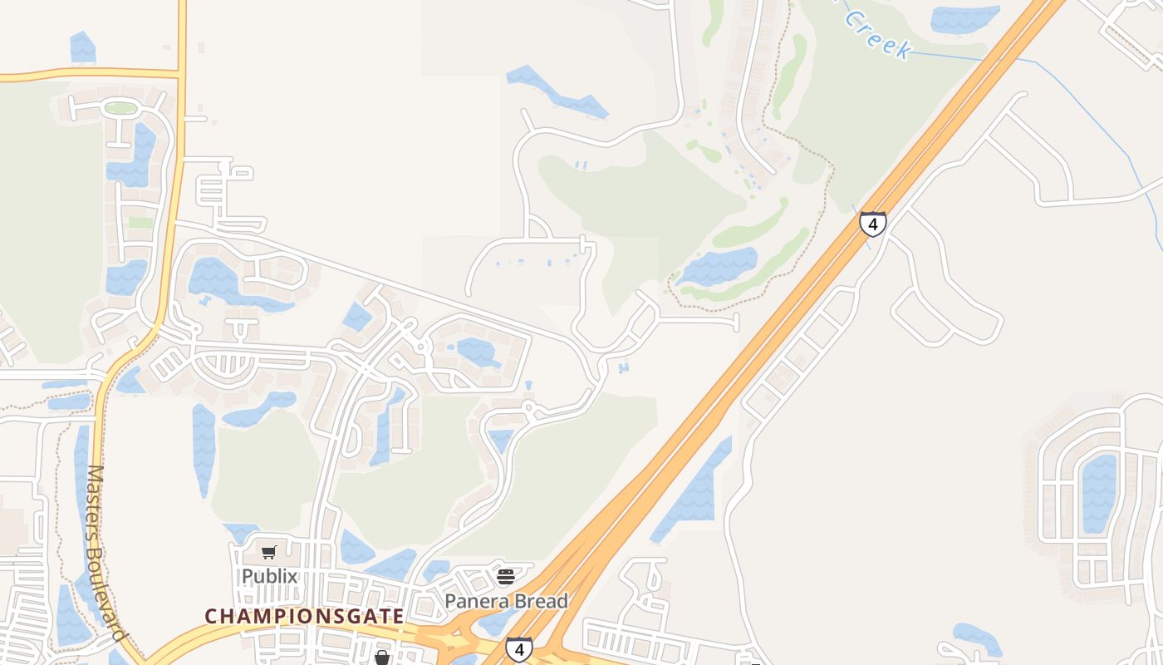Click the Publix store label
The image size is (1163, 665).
point(269,576)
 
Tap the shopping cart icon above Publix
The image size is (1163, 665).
point(268,553)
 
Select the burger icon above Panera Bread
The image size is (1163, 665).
point(506,576)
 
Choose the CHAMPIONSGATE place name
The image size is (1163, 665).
point(304,617)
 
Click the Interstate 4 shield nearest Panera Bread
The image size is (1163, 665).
point(518,648)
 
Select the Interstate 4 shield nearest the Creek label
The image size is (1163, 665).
point(872,224)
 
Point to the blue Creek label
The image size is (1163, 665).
point(878,33)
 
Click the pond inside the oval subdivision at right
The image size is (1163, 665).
point(1098,494)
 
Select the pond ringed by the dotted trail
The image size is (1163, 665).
point(719,266)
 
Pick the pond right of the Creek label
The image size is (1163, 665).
point(964,18)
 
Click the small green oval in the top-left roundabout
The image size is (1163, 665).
point(121,108)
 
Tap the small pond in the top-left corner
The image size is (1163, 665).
point(82,47)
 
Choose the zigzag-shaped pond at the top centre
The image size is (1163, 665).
point(557,92)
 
